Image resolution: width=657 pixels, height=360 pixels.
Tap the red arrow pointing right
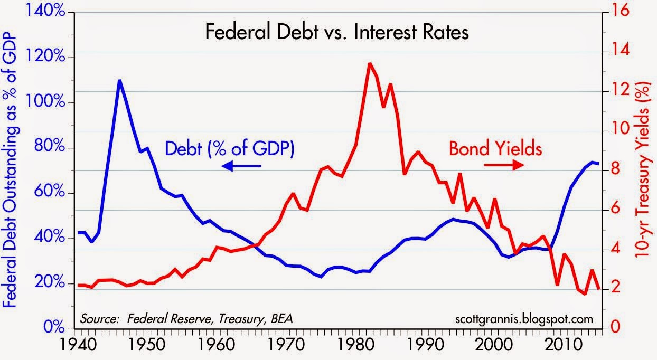[x=503, y=164]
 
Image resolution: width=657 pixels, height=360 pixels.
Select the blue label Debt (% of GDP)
[x=229, y=148]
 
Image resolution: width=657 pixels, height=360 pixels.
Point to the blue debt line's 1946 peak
[x=120, y=81]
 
